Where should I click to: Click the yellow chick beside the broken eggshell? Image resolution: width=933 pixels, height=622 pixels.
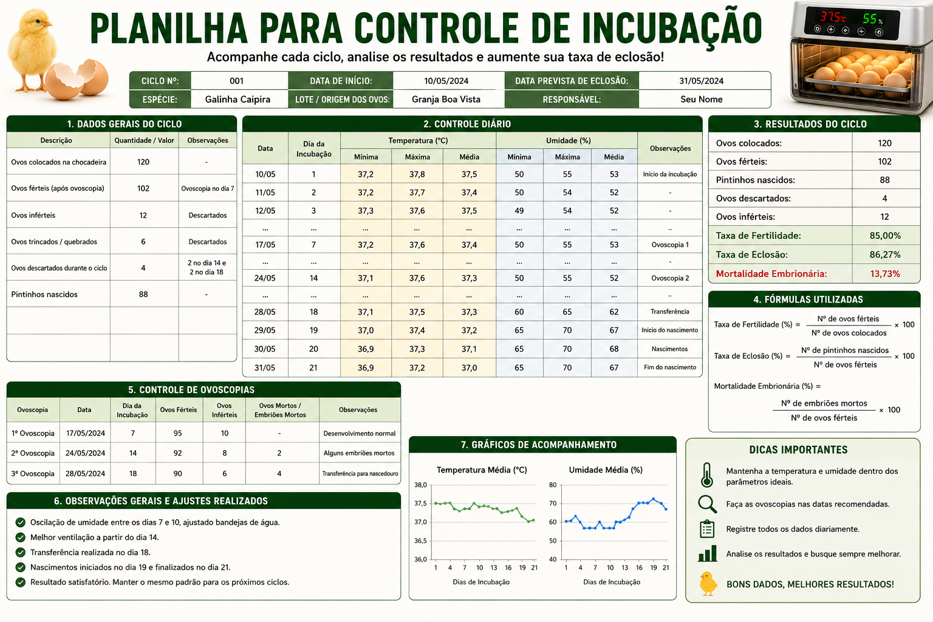(33, 50)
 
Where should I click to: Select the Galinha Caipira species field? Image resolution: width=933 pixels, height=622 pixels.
(238, 99)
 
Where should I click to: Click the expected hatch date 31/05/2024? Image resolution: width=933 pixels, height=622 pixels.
(702, 81)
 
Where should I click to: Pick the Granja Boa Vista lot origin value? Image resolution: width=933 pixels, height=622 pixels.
(446, 99)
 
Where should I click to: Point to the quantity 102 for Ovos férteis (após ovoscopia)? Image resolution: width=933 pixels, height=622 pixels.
(143, 188)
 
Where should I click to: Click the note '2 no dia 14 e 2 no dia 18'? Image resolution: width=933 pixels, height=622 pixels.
(207, 267)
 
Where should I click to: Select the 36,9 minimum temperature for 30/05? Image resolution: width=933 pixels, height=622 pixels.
(366, 349)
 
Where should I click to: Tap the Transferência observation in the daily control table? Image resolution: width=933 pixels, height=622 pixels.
(670, 312)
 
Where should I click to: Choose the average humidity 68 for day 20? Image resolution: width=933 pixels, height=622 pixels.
(614, 349)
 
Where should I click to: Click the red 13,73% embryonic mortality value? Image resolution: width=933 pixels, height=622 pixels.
(885, 274)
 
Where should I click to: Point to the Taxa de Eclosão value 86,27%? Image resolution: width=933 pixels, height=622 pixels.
(885, 255)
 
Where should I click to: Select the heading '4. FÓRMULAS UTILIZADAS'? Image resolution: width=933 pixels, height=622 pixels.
(808, 299)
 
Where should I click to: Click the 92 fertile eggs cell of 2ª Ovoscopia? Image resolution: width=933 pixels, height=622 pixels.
(178, 453)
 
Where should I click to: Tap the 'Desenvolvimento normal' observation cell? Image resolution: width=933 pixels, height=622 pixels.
(360, 433)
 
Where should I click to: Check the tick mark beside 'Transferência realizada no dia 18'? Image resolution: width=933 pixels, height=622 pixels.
(21, 552)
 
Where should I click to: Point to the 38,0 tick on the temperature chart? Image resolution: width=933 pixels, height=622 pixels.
(420, 485)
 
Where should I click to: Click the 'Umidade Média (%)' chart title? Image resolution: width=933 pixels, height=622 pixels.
(606, 470)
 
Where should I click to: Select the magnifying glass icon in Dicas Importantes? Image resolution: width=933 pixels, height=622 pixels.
(707, 504)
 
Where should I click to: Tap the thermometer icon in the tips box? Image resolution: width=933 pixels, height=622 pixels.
(706, 475)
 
